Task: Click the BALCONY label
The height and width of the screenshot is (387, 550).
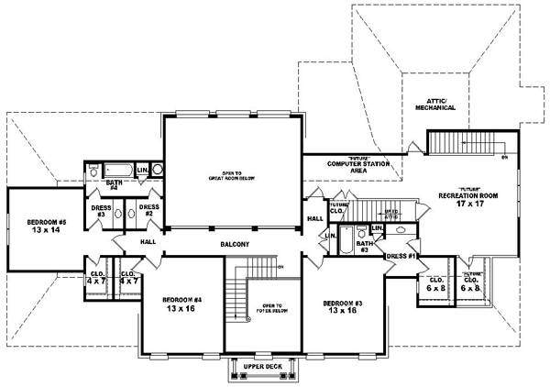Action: tap(235, 245)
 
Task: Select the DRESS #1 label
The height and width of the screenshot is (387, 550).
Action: tap(401, 255)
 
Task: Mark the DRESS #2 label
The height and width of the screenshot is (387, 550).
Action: tap(148, 212)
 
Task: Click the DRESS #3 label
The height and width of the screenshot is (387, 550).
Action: tap(102, 212)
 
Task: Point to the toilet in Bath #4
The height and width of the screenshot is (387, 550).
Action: tap(94, 171)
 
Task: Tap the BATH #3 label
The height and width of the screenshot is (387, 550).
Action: tap(364, 247)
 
